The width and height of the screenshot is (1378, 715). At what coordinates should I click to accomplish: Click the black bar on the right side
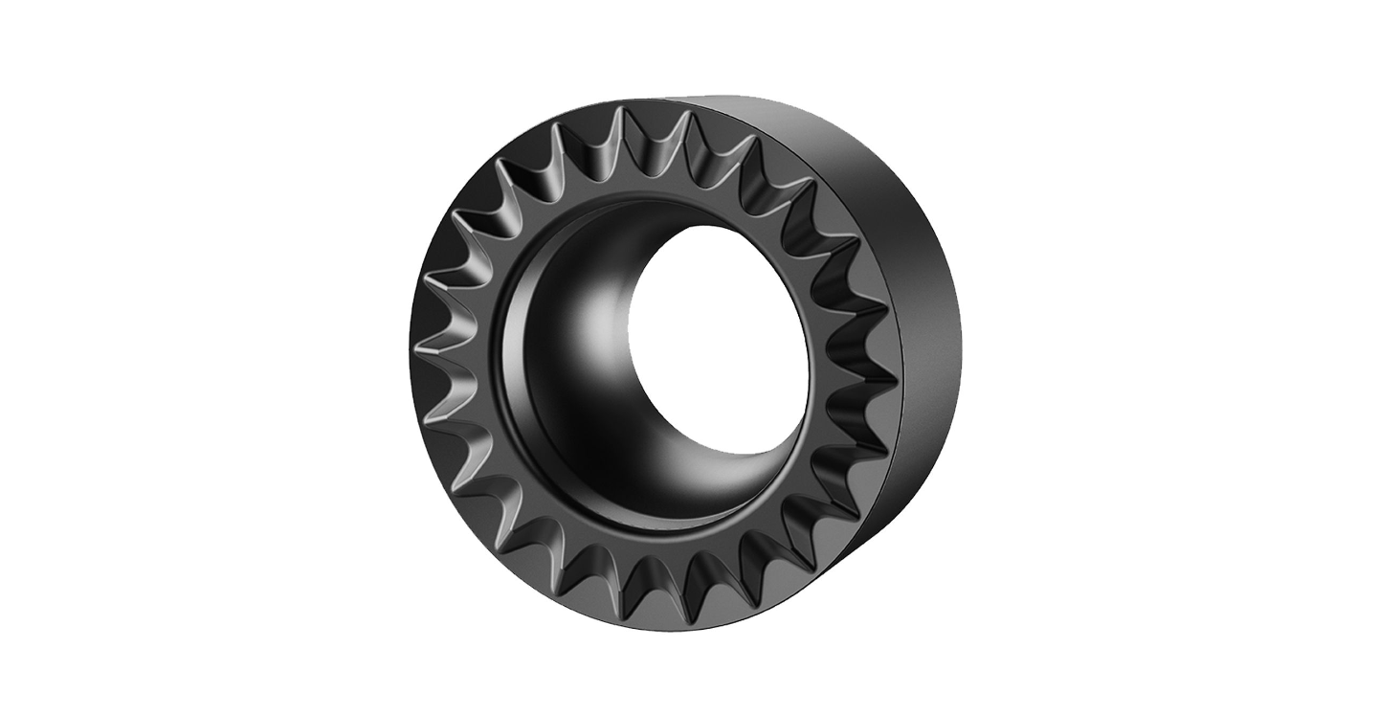[x=1211, y=357]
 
